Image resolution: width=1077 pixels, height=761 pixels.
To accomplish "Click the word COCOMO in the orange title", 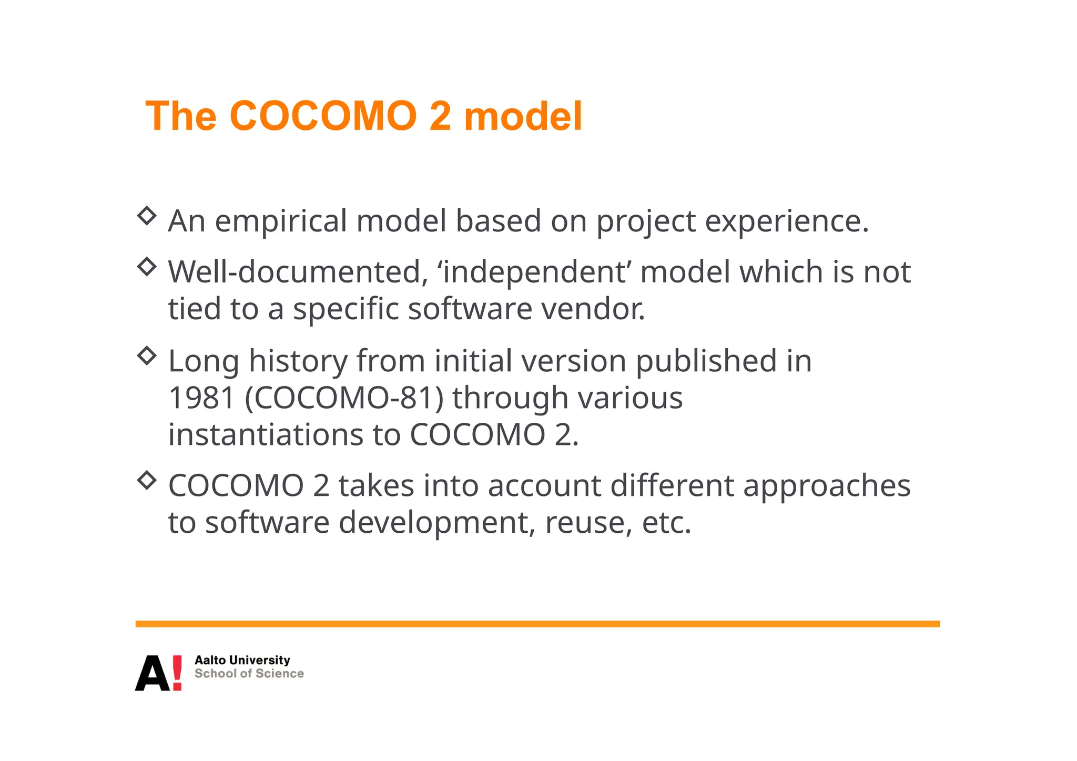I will tap(323, 116).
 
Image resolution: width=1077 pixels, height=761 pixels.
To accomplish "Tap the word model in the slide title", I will tap(523, 116).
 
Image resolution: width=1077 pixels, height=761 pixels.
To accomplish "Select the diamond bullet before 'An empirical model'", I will tap(147, 216).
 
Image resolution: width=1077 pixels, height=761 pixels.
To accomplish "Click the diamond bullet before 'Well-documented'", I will tap(147, 267).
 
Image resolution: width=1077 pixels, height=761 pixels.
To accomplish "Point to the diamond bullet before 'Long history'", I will tap(147, 356).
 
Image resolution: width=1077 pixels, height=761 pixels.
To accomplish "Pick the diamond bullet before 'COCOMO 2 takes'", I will tap(147, 480).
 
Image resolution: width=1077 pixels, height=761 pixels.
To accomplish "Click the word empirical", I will tap(281, 221).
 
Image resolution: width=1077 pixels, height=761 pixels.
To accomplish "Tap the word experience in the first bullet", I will tap(786, 221).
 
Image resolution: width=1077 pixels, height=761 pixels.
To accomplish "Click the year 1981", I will tap(201, 398).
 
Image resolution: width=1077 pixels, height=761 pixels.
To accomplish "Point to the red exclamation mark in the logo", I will tap(177, 673).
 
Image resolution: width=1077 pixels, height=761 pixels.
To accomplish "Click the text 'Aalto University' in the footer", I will tap(242, 660).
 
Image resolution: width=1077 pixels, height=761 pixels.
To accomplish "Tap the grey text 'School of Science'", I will tap(249, 674).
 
